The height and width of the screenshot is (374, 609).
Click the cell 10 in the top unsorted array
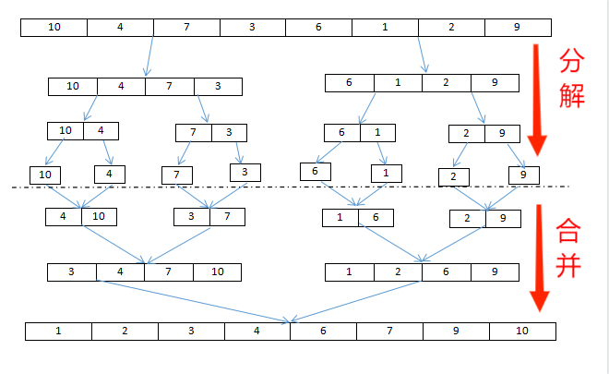pyautogui.click(x=54, y=27)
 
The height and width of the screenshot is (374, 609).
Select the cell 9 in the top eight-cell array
pyautogui.click(x=517, y=27)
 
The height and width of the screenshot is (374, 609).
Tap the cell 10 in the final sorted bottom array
pyautogui.click(x=523, y=331)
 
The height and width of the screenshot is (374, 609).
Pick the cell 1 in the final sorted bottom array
pyautogui.click(x=58, y=331)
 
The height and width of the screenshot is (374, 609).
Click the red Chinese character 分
pyautogui.click(x=572, y=62)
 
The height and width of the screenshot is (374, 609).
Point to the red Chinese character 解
pyautogui.click(x=572, y=95)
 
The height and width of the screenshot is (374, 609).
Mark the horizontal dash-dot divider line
pyautogui.click(x=277, y=188)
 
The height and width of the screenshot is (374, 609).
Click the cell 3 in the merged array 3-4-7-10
pyautogui.click(x=72, y=272)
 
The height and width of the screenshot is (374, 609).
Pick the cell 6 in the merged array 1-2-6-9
pyautogui.click(x=447, y=272)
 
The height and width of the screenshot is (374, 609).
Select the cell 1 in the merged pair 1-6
pyautogui.click(x=340, y=218)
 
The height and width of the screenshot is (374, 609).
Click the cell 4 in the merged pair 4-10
pyautogui.click(x=64, y=217)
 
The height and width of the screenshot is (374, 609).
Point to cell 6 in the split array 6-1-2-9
pyautogui.click(x=350, y=83)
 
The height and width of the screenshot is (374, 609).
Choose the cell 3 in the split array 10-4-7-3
pyautogui.click(x=218, y=87)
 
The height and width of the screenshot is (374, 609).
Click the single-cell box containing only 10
pyautogui.click(x=45, y=174)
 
